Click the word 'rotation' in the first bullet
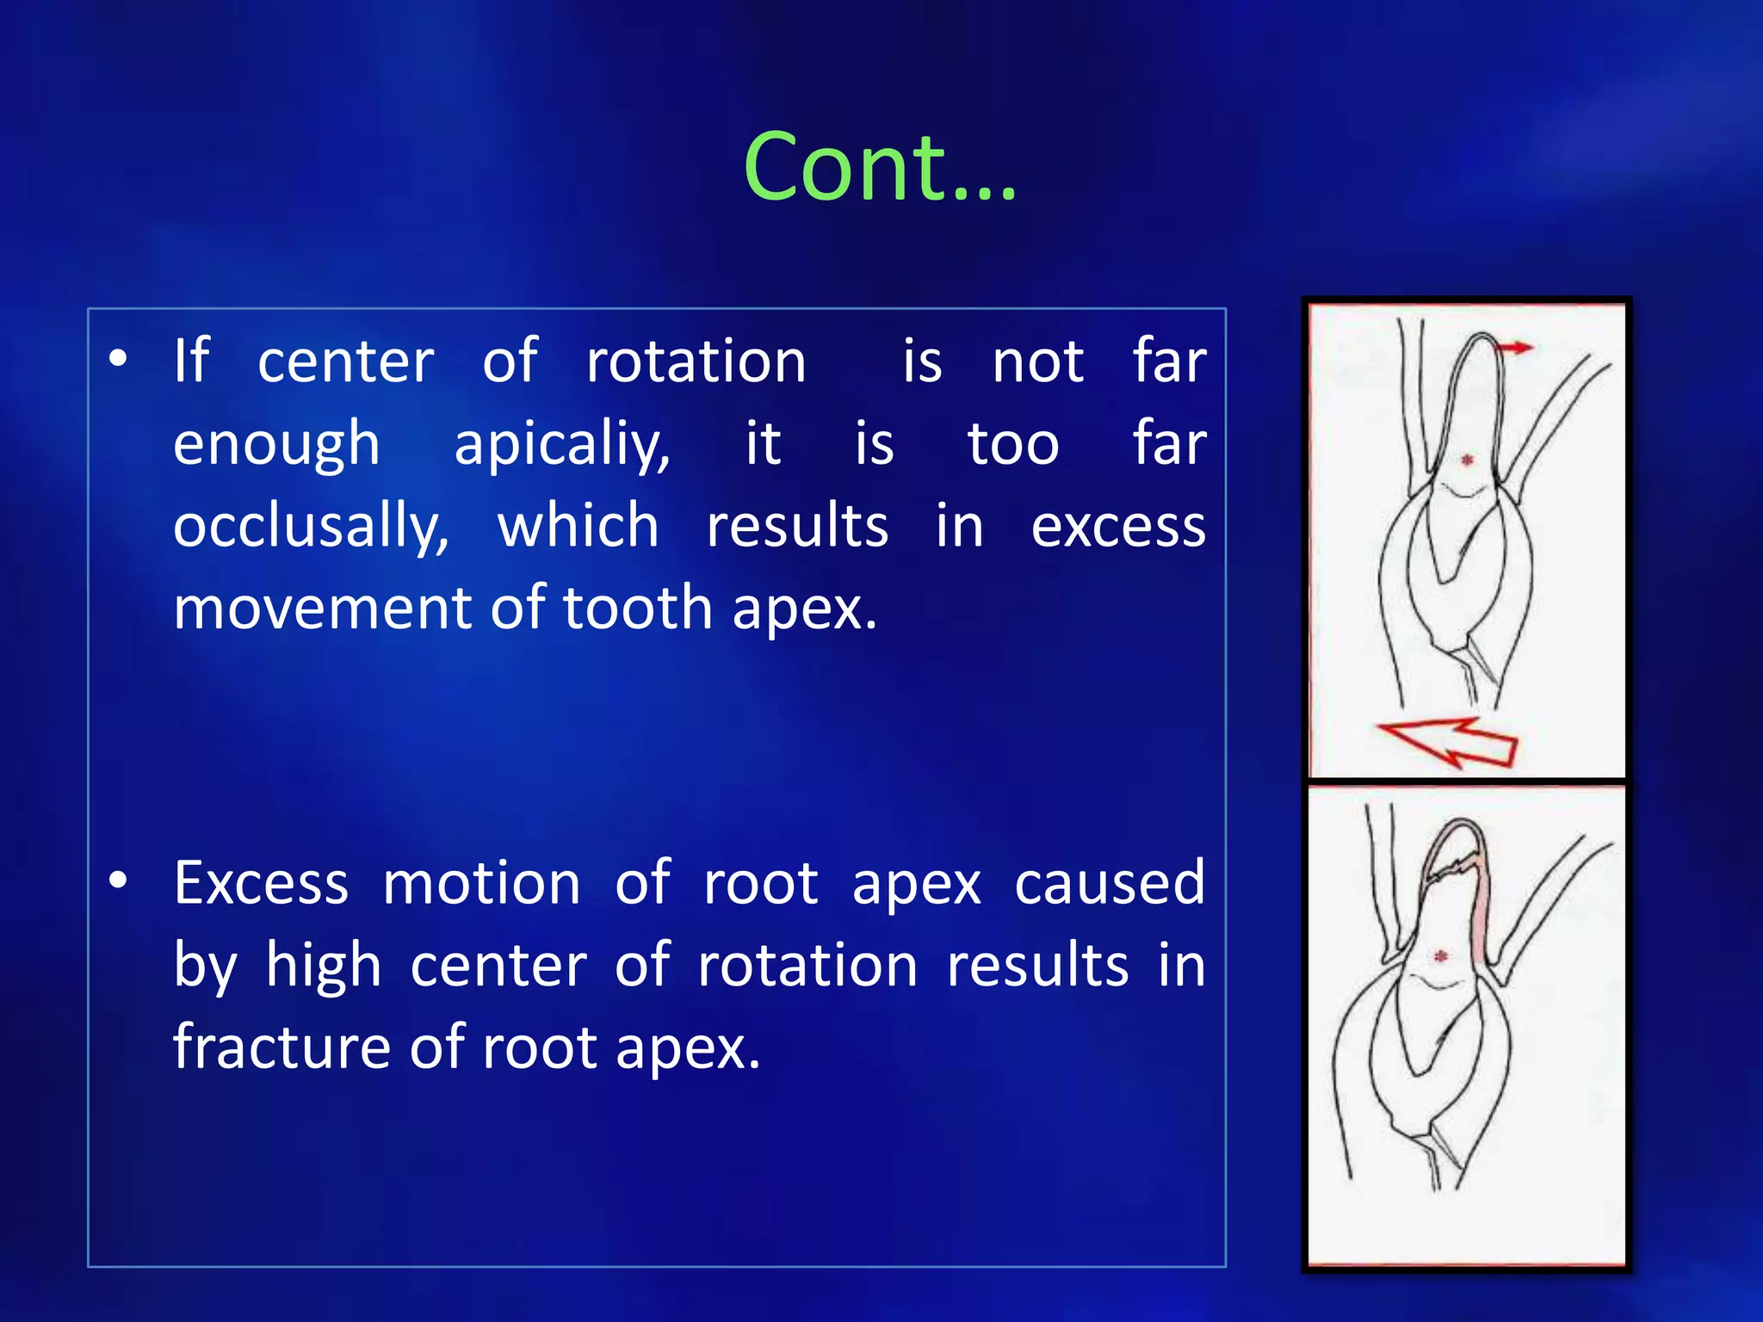click(x=696, y=361)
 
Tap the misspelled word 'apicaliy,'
click(x=561, y=445)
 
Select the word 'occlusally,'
click(x=311, y=527)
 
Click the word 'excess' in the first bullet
click(x=1118, y=527)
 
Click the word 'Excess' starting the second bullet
click(x=261, y=883)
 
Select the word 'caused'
click(x=1109, y=883)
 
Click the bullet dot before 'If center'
click(x=119, y=358)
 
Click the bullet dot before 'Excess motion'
click(x=119, y=880)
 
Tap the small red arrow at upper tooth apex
click(x=1515, y=348)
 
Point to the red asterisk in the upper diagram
click(x=1468, y=460)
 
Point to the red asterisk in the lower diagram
click(x=1441, y=956)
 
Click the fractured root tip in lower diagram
click(x=1455, y=848)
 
